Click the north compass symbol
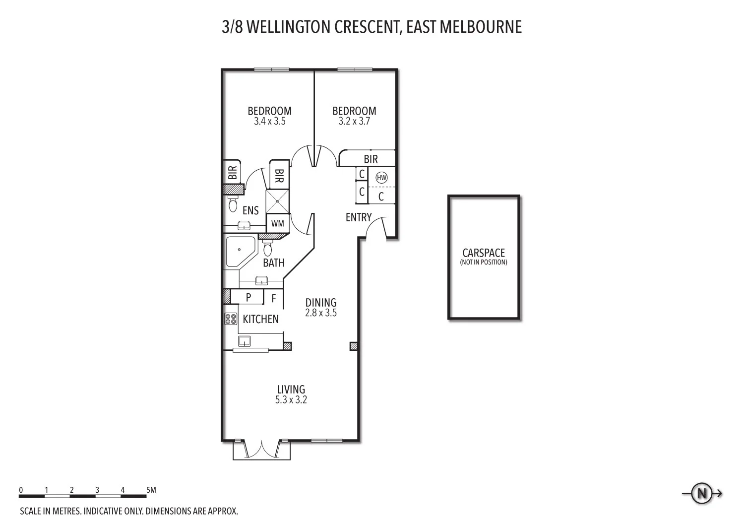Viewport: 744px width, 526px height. [x=702, y=494]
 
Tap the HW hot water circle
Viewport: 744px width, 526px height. [x=381, y=177]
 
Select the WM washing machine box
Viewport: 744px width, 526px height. [x=278, y=223]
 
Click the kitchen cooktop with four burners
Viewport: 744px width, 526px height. [x=230, y=319]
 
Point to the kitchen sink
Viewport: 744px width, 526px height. [x=245, y=341]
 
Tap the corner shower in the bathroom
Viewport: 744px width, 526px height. [x=239, y=252]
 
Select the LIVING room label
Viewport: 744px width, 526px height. [x=291, y=390]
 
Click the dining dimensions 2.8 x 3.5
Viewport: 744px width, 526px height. [x=321, y=313]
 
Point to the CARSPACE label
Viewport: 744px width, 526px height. [x=484, y=253]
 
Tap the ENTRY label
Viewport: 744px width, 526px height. [x=359, y=217]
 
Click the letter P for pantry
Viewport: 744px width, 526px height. [x=248, y=298]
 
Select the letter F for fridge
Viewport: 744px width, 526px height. [x=274, y=299]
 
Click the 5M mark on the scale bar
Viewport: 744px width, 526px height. [x=151, y=490]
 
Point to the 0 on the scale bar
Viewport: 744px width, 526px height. [x=21, y=490]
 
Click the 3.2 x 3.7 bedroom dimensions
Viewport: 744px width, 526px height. [x=354, y=121]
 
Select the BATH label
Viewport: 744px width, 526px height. [x=274, y=263]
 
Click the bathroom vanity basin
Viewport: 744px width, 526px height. [x=261, y=281]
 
